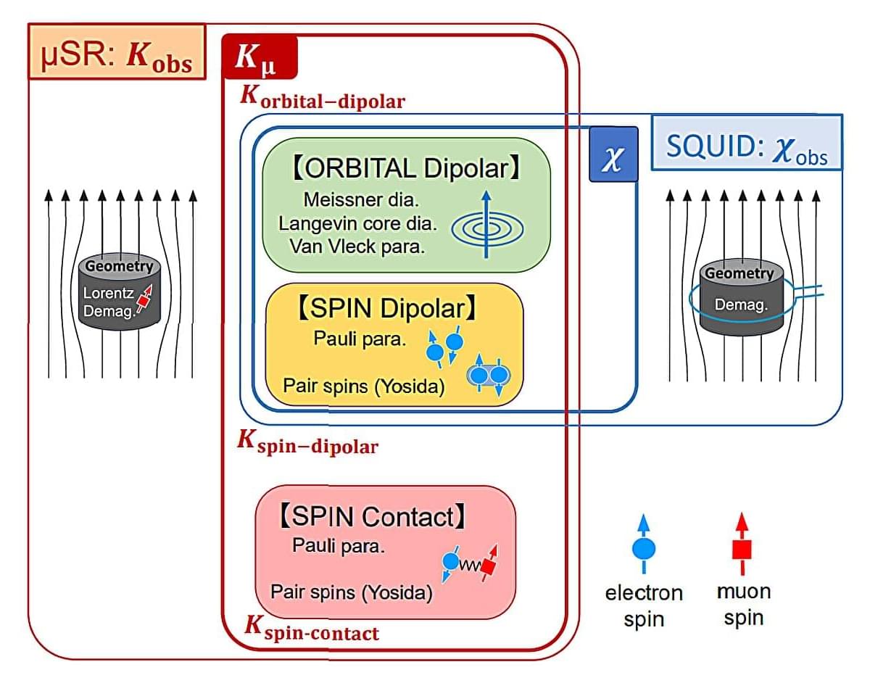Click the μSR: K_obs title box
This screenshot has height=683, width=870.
tap(116, 51)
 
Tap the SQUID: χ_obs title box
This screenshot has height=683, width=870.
tap(747, 142)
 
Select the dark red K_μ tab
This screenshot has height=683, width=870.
tap(260, 57)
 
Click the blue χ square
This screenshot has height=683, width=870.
tap(613, 154)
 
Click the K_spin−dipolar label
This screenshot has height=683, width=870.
tap(308, 442)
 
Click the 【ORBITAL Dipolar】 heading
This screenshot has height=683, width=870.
tap(406, 168)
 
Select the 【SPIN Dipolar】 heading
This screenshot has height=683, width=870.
tap(386, 310)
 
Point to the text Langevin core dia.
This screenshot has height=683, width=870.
tap(356, 223)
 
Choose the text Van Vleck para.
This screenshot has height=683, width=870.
tap(357, 246)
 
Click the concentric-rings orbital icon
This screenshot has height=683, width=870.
tap(486, 228)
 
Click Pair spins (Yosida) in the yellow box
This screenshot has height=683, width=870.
tap(362, 386)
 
